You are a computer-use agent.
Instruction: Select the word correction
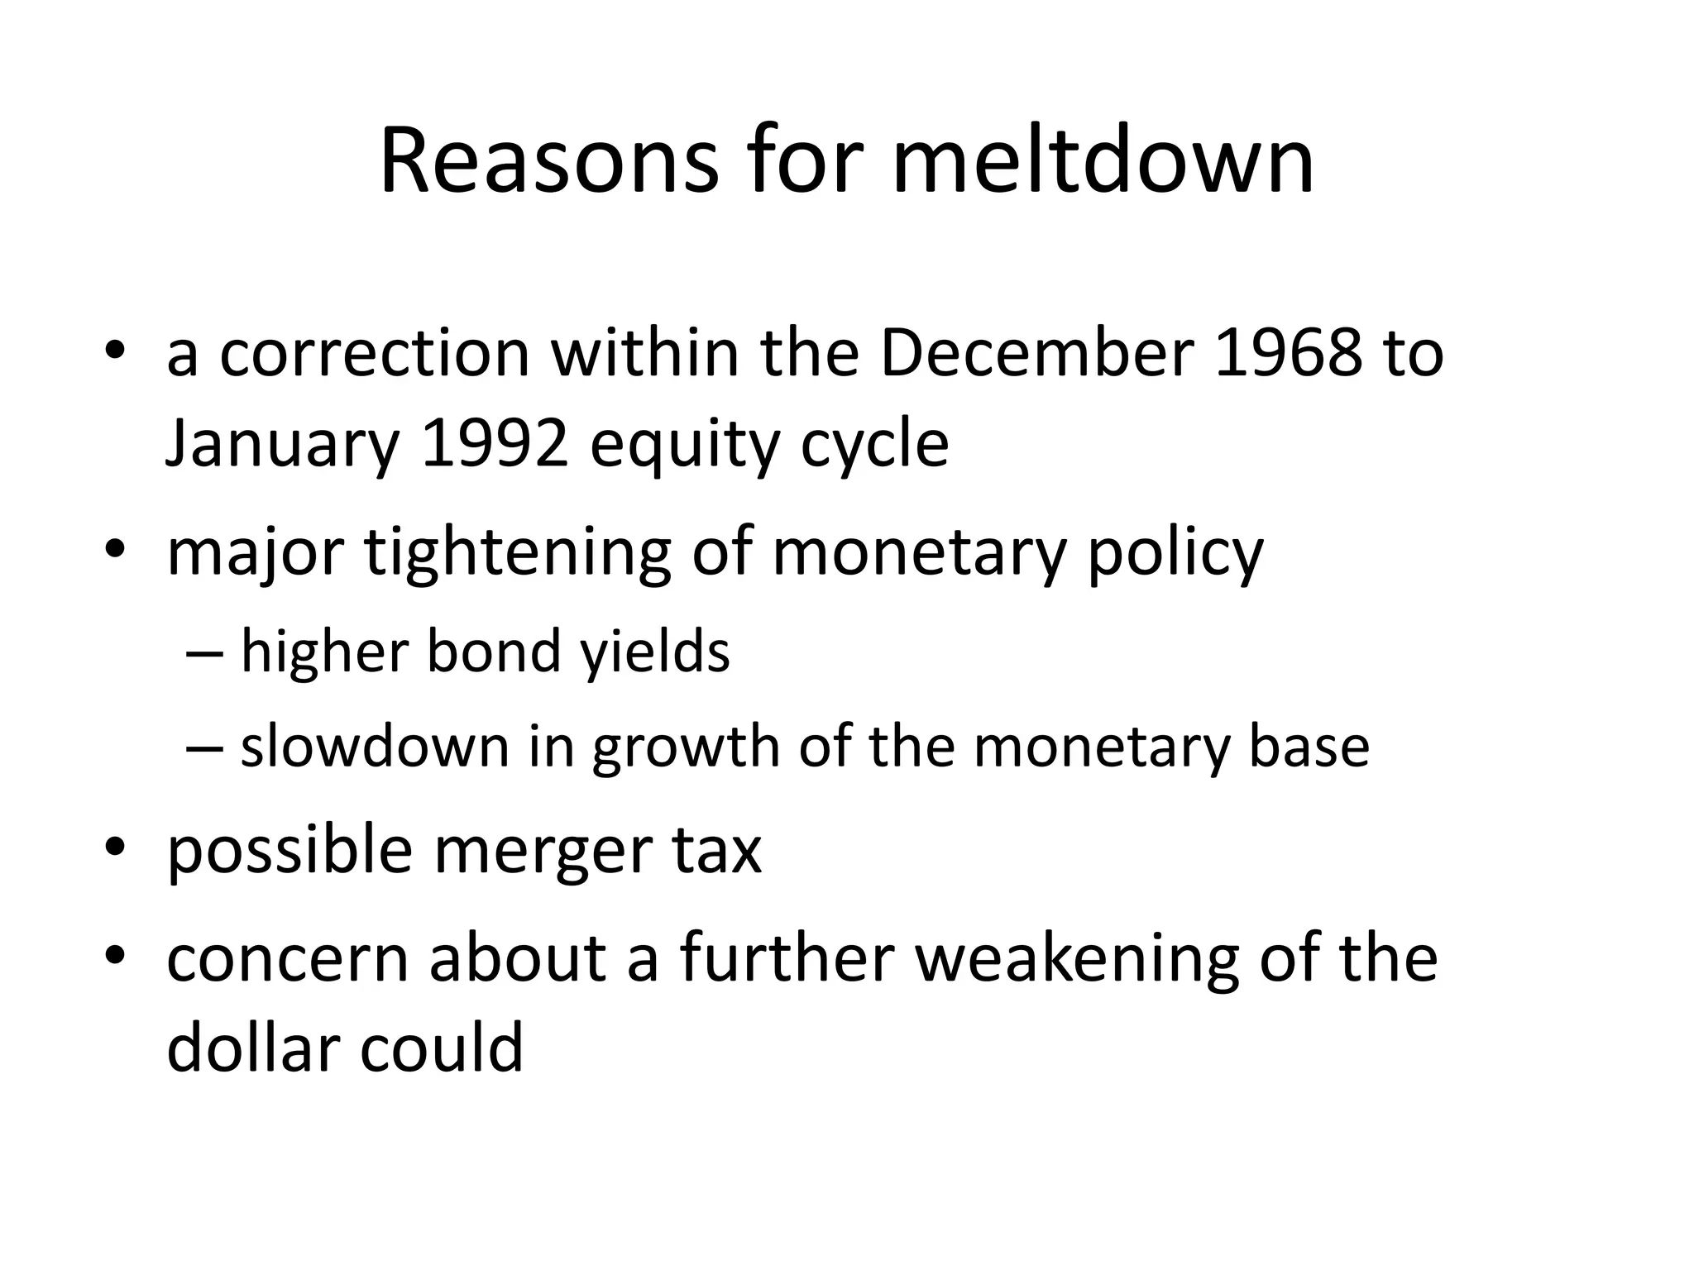pyautogui.click(x=375, y=354)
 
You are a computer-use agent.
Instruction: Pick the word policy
pyautogui.click(x=1175, y=552)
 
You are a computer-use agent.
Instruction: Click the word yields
pyautogui.click(x=654, y=652)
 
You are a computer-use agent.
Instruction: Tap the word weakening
pyautogui.click(x=1077, y=959)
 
